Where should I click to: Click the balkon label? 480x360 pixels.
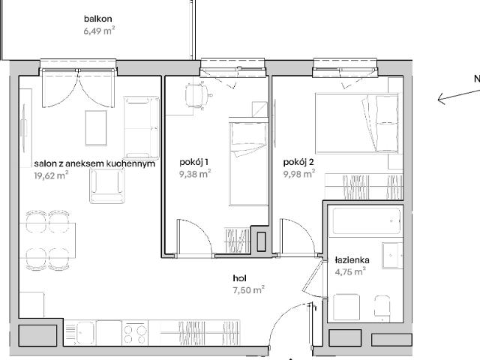click(x=98, y=19)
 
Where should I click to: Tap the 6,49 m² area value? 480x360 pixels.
click(x=99, y=31)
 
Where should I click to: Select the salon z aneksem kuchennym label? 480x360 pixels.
click(x=94, y=163)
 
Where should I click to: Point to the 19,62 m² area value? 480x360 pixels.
click(x=51, y=175)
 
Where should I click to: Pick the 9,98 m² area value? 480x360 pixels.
click(x=299, y=174)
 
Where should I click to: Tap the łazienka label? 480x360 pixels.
click(x=352, y=260)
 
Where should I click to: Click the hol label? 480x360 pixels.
click(x=240, y=278)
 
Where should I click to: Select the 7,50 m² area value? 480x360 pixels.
click(x=248, y=289)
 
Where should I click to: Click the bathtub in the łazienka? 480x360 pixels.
click(x=367, y=221)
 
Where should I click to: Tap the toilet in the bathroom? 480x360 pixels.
click(x=382, y=308)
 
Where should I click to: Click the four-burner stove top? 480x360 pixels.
click(x=135, y=333)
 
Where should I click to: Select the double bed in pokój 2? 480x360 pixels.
click(x=357, y=123)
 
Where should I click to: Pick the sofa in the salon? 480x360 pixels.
click(x=142, y=128)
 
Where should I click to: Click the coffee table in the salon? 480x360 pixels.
click(x=96, y=128)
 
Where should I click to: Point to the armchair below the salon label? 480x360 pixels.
click(x=107, y=185)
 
